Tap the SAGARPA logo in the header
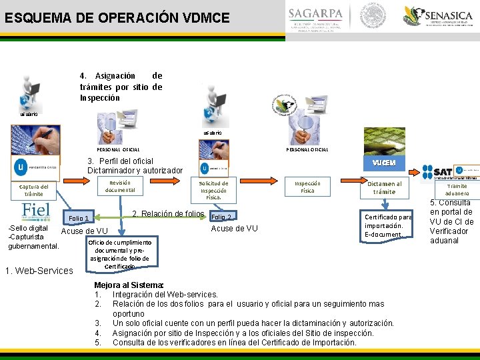coord(315,18)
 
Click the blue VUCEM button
coord(384,163)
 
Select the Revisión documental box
coord(121,186)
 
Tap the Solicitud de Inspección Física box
coord(214,190)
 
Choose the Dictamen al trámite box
coord(384,187)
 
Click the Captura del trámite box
coord(33,190)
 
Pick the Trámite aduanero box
coord(457,189)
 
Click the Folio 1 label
coord(79,219)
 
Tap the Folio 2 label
coord(221,217)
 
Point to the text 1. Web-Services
coord(39,270)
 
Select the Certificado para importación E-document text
coord(388,225)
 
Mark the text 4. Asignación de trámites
coord(121,87)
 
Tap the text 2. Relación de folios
coord(168,214)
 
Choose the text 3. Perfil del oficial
coord(135,165)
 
